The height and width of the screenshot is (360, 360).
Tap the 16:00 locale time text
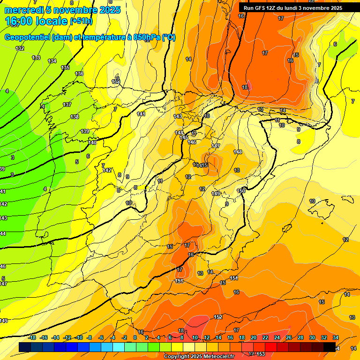click(36, 21)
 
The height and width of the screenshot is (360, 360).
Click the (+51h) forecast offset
click(81, 21)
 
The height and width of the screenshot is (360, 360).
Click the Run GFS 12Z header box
click(292, 8)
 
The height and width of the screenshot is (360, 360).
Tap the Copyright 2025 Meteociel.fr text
click(199, 357)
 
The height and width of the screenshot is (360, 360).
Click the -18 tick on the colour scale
click(32, 337)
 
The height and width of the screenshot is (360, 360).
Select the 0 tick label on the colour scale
click(135, 337)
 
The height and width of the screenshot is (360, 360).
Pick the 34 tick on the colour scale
click(336, 337)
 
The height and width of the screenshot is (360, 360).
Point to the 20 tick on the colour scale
click(254, 337)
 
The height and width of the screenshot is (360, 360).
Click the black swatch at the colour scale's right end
click(330, 347)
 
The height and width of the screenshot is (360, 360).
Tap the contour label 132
click(20, 48)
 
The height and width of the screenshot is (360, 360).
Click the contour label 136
click(79, 74)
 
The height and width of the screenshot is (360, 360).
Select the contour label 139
click(85, 131)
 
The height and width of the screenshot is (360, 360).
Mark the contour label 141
click(141, 114)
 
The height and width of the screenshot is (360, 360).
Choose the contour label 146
click(192, 142)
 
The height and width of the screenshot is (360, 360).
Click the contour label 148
click(238, 152)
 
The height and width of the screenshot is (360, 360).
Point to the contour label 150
click(241, 190)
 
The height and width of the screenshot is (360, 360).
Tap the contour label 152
click(218, 317)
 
